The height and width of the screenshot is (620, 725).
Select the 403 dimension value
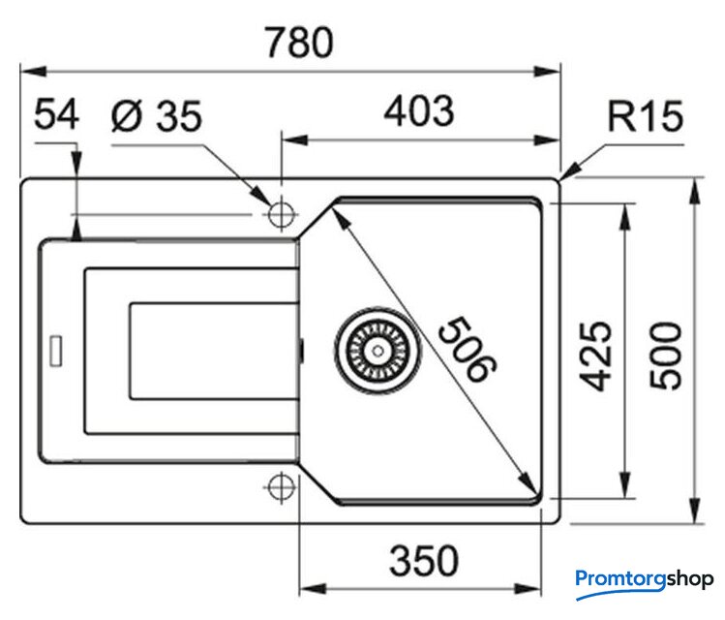[x=418, y=111]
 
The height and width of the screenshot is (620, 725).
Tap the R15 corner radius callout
[x=646, y=118]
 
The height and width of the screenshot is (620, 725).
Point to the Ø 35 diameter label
[x=157, y=117]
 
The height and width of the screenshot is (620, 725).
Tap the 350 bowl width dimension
[x=423, y=560]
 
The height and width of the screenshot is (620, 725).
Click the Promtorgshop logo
[x=644, y=579]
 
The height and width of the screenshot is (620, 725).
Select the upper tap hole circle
[x=282, y=212]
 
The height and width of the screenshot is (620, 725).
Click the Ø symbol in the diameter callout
[x=126, y=117]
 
